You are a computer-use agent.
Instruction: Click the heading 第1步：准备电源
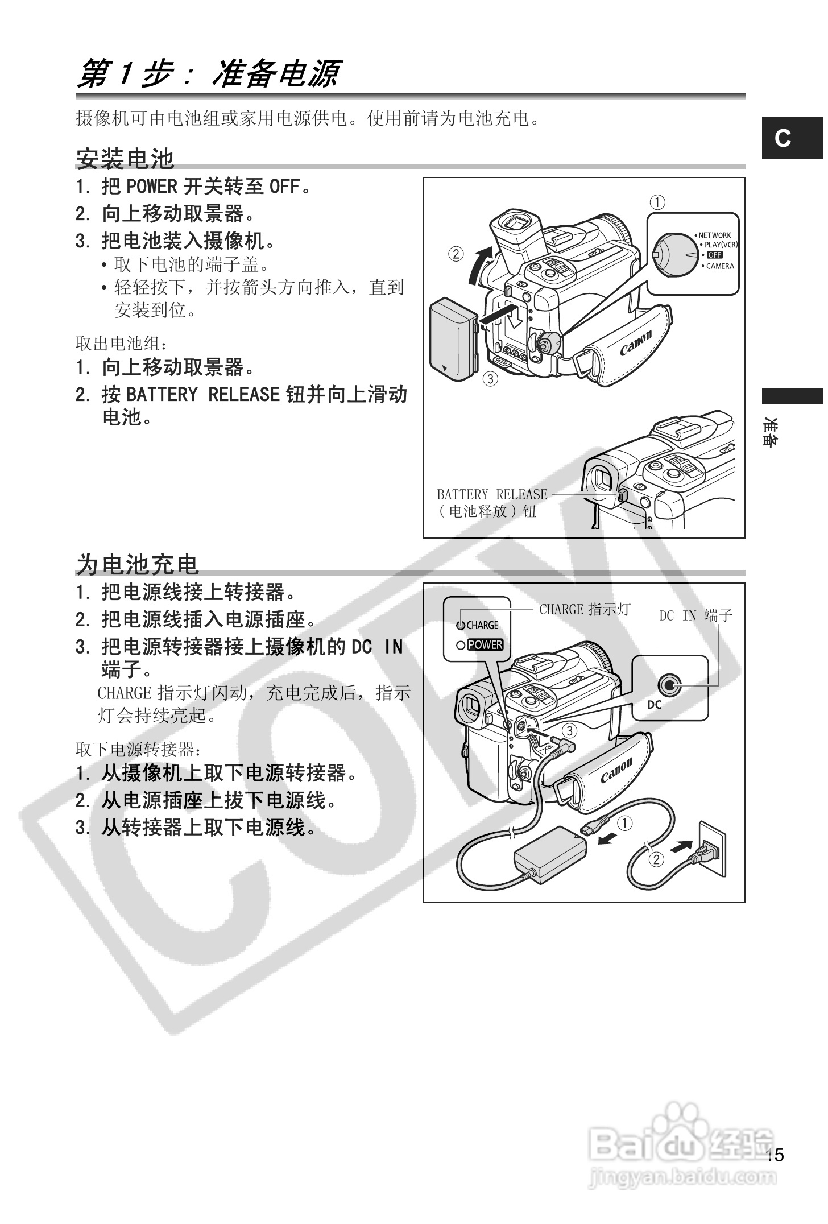coord(208,75)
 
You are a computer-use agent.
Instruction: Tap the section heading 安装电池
coord(125,159)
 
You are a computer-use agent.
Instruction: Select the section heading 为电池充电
coord(138,564)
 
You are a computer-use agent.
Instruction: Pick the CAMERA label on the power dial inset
coord(719,266)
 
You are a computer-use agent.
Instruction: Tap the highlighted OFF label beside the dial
coord(714,255)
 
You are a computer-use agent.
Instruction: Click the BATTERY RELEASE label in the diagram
coord(492,495)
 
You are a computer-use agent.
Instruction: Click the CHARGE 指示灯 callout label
coord(585,610)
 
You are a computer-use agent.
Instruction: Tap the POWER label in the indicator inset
coord(485,645)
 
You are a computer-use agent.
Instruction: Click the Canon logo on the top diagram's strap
coord(635,343)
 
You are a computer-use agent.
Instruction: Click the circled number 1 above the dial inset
coord(658,202)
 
